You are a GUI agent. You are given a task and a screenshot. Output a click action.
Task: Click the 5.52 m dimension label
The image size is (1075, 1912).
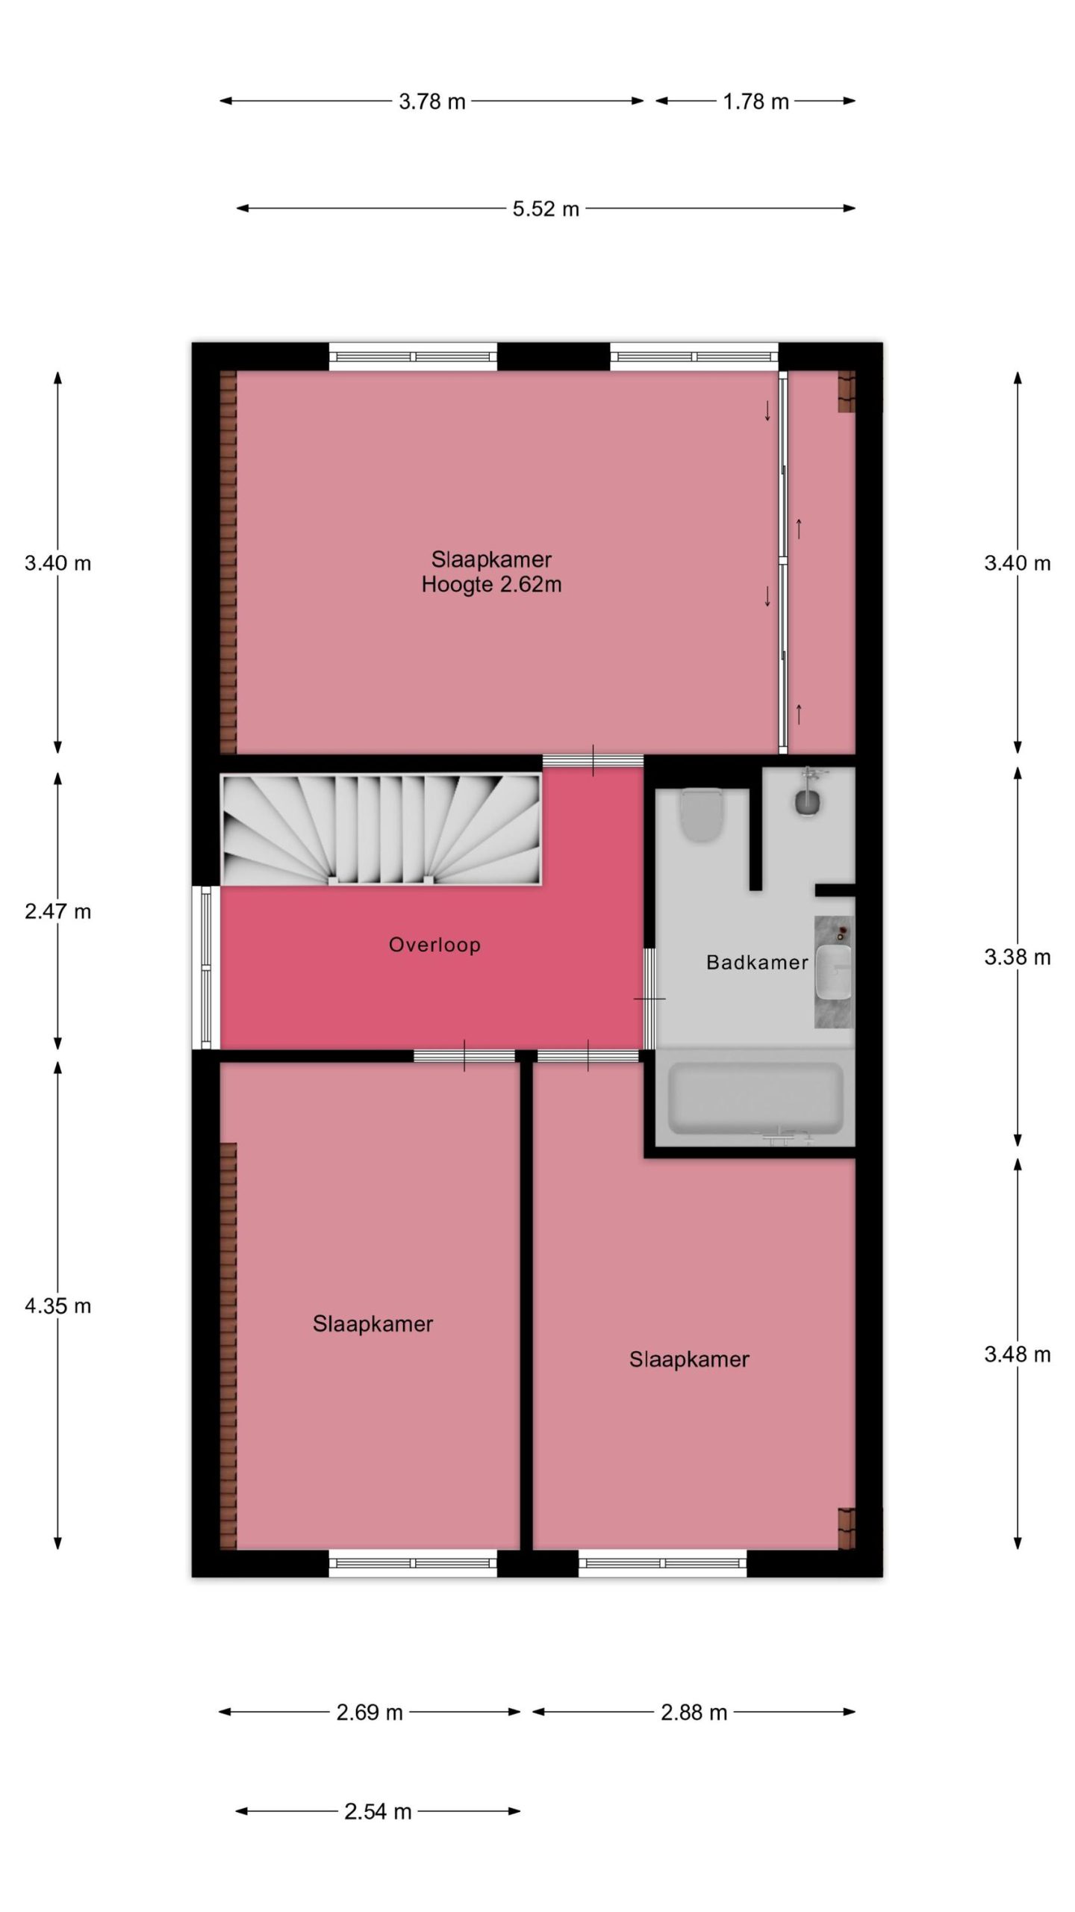click(546, 209)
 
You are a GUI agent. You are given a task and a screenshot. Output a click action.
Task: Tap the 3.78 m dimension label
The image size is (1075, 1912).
click(432, 102)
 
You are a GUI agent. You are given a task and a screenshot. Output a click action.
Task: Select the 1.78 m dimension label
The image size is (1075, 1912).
click(755, 102)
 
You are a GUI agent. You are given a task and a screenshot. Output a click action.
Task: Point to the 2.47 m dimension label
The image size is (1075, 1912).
click(58, 911)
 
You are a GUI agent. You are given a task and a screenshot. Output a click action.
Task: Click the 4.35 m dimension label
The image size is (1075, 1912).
click(58, 1306)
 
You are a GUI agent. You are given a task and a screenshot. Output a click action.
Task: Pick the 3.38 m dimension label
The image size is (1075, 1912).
click(1018, 957)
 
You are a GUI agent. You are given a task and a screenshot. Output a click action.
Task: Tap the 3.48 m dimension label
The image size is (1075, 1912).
click(1018, 1354)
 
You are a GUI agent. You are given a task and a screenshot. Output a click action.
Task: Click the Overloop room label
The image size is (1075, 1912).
click(434, 945)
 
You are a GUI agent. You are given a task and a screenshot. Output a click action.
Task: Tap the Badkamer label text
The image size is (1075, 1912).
click(757, 962)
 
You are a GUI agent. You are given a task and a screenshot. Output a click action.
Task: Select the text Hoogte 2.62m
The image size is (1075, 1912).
click(491, 584)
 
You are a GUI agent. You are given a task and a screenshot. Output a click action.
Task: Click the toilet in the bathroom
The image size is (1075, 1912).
click(701, 816)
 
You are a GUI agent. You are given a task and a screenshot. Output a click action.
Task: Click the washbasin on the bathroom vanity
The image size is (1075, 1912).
click(833, 971)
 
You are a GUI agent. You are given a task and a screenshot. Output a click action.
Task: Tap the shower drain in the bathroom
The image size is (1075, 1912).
click(807, 802)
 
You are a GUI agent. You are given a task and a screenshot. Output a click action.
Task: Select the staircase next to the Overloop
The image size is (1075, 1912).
click(381, 830)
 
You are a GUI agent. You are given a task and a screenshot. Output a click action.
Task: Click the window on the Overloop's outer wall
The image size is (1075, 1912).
click(206, 968)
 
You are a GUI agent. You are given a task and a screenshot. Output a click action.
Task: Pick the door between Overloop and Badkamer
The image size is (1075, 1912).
click(649, 999)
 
